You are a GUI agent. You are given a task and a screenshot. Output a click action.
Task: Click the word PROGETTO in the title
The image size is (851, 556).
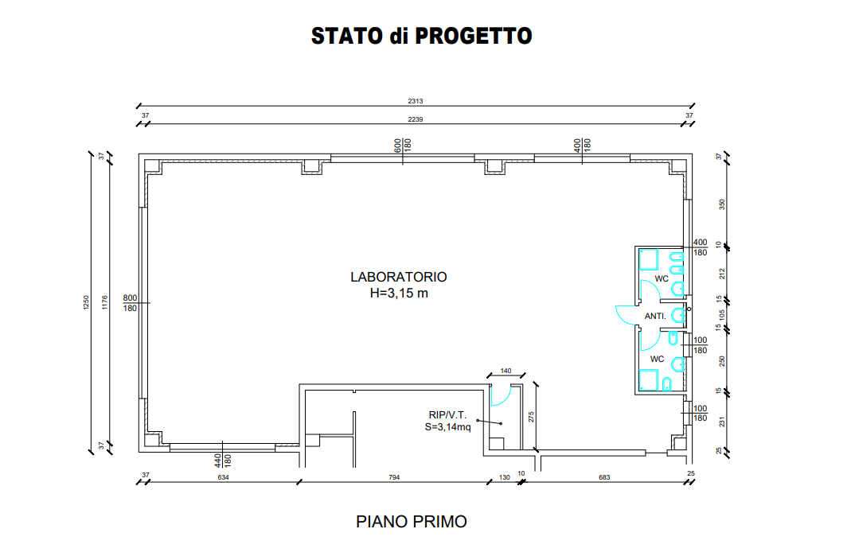pos(473,36)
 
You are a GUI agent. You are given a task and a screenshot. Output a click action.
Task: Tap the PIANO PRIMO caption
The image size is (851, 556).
pos(412,522)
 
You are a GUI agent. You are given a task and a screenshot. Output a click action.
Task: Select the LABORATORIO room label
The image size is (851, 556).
pos(398,277)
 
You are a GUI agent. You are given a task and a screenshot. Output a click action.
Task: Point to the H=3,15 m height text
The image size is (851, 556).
pos(399,294)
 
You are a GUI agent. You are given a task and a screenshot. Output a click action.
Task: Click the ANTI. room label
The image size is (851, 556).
pos(655,316)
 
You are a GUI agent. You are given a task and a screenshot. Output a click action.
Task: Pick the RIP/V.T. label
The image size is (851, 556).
pos(447,415)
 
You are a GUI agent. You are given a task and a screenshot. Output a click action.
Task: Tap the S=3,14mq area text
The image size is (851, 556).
pos(447,427)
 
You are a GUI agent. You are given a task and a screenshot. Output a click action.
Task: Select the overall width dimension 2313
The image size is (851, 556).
pos(416,101)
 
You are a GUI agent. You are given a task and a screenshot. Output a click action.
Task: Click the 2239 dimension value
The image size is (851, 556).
pos(416,119)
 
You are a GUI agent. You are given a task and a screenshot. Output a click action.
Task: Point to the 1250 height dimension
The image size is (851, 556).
pos(86,303)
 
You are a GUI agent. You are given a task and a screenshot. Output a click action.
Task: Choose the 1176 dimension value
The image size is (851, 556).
pos(105,303)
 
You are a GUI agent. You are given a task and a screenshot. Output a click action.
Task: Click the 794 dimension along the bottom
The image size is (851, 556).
pos(395,477)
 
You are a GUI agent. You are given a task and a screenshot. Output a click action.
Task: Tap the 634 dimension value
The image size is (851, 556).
pos(223,477)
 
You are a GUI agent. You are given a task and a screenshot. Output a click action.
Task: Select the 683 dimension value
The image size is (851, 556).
pos(604,477)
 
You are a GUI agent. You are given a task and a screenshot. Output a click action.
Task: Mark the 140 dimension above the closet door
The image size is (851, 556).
pos(506,371)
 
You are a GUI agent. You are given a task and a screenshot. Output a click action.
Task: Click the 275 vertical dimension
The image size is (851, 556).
pos(531,417)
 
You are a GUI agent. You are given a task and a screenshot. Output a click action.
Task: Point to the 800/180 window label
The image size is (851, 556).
pos(131,303)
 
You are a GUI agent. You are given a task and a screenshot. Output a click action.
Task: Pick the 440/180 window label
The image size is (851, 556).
pos(223,461)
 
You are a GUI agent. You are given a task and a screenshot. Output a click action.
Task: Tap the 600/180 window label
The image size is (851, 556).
pos(403,145)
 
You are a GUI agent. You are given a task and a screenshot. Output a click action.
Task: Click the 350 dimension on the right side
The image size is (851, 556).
pos(722,204)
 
